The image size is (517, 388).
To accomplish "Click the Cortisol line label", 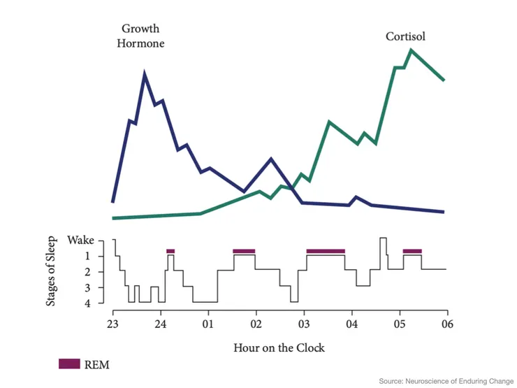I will (405, 36).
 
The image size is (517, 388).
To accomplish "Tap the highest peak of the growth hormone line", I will (145, 73).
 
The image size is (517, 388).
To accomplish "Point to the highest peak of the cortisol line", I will (411, 50).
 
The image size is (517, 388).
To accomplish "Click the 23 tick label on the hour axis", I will (112, 324).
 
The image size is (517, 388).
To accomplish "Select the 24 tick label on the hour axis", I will (160, 324).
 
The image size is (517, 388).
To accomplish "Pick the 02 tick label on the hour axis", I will (256, 324).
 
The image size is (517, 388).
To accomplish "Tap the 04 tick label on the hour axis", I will (351, 324).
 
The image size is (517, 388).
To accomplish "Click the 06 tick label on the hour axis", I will (446, 324).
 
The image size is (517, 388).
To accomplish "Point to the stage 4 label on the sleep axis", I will (98, 303).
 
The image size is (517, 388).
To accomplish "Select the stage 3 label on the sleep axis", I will (98, 287).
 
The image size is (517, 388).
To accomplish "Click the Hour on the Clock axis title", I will (279, 347).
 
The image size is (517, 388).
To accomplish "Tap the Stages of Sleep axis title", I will (50, 272).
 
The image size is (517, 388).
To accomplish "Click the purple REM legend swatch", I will (70, 364).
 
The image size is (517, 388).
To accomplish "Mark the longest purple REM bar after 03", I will (326, 250).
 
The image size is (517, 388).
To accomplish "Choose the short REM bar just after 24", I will (170, 250).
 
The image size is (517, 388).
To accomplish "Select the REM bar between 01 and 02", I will (244, 250).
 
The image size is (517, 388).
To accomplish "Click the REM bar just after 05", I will (412, 250).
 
